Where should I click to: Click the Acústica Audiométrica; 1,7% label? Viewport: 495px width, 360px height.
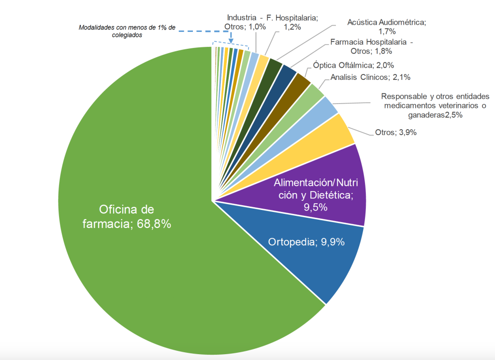pyautogui.click(x=387, y=27)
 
